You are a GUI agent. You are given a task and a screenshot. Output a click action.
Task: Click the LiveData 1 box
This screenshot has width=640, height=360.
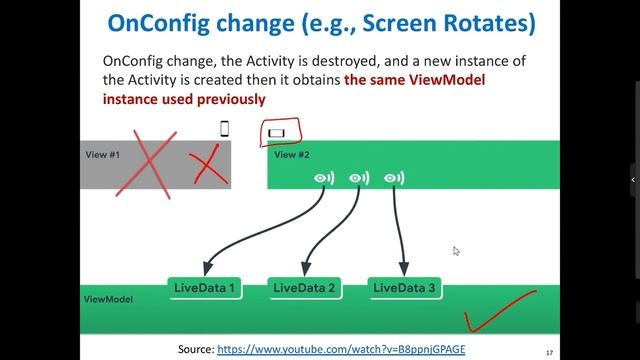pos(205,288)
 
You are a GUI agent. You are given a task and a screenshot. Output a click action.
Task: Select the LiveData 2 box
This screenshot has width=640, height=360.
pos(305,288)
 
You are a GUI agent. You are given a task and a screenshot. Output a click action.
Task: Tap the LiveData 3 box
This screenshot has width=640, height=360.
pos(404,288)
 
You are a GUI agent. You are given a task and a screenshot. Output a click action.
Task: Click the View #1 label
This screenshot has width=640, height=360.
pos(101,155)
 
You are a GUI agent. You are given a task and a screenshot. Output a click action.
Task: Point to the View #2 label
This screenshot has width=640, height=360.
pos(292,155)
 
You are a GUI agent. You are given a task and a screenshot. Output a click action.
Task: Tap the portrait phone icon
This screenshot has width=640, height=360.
pos(224,128)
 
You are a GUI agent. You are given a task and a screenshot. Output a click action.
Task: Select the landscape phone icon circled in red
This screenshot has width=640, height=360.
pos(277,132)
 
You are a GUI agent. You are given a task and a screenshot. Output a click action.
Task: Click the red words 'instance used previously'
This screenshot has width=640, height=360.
pos(183,99)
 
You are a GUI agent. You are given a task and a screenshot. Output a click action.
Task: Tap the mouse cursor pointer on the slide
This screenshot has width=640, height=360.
pos(456,251)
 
